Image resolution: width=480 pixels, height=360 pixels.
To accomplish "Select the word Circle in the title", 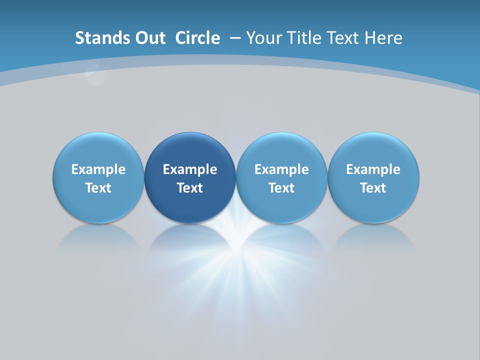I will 197,38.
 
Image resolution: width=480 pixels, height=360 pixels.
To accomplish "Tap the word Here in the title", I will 383,38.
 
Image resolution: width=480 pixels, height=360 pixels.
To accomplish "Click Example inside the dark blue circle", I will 190,169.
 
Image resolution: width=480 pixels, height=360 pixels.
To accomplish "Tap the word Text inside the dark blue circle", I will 190,188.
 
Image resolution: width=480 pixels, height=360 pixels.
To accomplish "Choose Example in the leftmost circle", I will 98,169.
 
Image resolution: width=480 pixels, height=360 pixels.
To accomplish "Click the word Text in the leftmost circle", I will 98,188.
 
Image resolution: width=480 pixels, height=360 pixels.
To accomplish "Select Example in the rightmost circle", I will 373,169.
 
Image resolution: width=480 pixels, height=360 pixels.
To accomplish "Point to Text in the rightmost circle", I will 373,188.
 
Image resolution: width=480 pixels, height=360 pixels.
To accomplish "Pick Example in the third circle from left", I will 281,169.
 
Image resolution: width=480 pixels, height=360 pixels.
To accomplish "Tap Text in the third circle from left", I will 281,188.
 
